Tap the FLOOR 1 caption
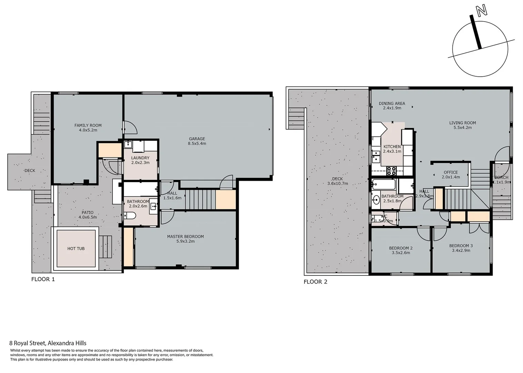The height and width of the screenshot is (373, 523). (43, 279)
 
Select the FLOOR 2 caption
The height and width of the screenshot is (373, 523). (315, 281)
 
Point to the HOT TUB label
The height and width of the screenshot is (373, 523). (76, 248)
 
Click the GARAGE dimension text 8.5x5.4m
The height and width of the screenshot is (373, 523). (197, 143)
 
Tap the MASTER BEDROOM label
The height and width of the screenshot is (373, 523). (185, 237)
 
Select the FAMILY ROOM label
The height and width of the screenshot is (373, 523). (88, 125)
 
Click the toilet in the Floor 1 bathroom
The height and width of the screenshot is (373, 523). (130, 216)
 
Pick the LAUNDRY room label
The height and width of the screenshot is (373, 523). (140, 158)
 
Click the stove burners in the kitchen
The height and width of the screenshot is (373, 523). (391, 171)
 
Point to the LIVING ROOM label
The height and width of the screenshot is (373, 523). (462, 123)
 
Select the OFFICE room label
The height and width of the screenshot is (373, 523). (451, 172)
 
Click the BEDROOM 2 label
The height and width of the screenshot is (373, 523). (401, 248)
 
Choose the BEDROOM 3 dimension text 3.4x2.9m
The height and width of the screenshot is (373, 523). (461, 250)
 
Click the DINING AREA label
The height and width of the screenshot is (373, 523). (392, 103)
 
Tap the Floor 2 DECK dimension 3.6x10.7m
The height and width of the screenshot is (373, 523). (337, 183)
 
